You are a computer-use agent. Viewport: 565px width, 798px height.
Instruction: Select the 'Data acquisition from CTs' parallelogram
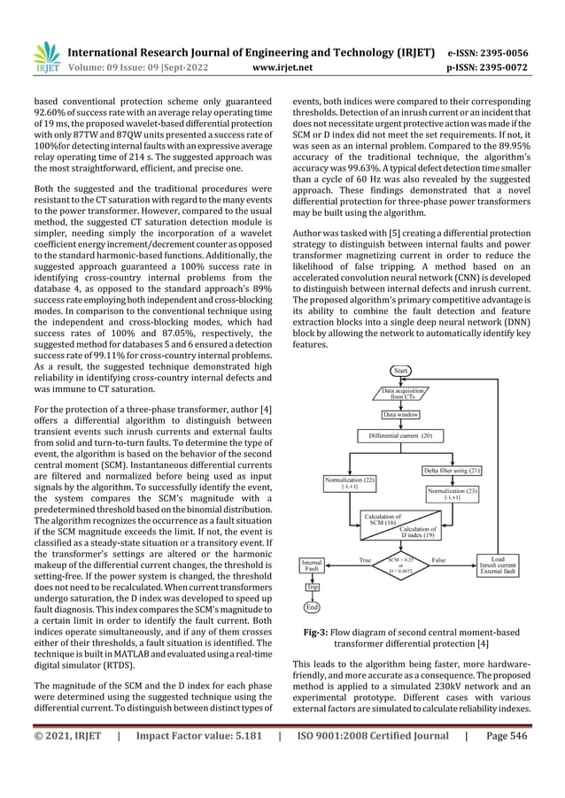[401, 393]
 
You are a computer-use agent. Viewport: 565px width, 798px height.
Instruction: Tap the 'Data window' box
[401, 413]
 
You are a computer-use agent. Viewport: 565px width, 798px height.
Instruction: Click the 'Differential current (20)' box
[401, 435]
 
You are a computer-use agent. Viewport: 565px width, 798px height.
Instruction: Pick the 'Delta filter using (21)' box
[452, 470]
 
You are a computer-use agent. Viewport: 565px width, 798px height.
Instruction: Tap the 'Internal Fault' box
[312, 565]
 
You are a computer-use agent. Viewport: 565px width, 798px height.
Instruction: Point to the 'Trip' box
[312, 587]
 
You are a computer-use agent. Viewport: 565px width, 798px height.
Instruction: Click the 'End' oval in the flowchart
[312, 607]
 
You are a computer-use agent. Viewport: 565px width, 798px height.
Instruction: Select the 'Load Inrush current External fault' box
[498, 565]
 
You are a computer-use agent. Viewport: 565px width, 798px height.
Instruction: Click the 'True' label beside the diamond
[364, 559]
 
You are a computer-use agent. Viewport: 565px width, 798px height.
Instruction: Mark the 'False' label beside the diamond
[438, 559]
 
